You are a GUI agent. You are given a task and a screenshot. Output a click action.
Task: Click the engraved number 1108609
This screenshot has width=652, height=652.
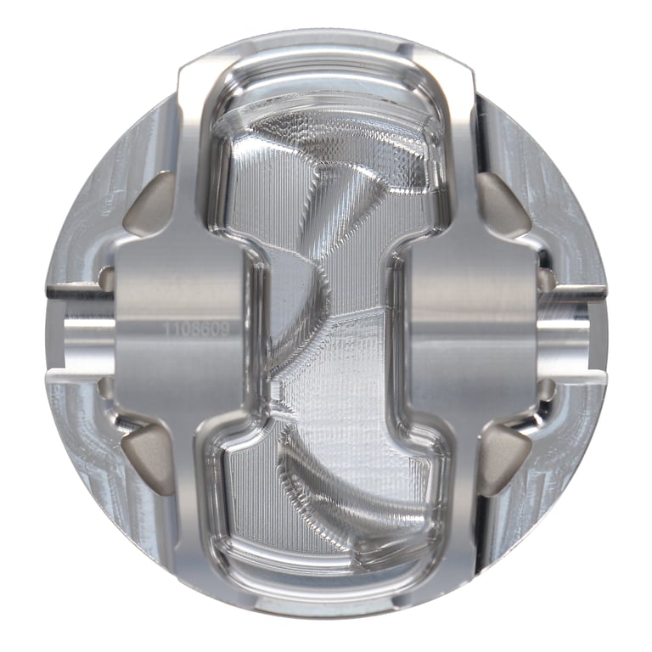click(193, 326)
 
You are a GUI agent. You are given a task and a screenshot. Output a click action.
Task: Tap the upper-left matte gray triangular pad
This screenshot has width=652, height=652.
click(146, 205)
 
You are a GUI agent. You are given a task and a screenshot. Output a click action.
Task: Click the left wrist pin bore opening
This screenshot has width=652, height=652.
click(81, 328)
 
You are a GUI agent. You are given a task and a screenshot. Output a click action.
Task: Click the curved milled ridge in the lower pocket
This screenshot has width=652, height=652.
click(357, 492)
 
